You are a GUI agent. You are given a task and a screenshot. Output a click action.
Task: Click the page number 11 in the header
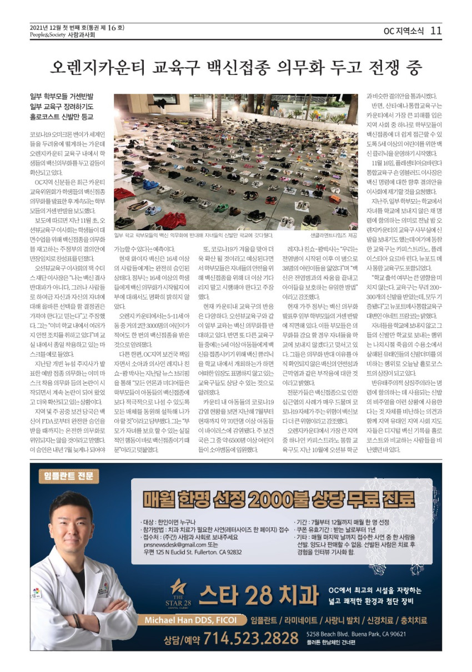pos(436,31)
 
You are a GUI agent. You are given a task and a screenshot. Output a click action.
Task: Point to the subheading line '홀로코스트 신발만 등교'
pos(62,117)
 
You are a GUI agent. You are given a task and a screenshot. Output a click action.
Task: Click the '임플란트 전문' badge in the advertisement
pos(69,476)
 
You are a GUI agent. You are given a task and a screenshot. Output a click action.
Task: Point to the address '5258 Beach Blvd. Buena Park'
pos(356,634)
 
